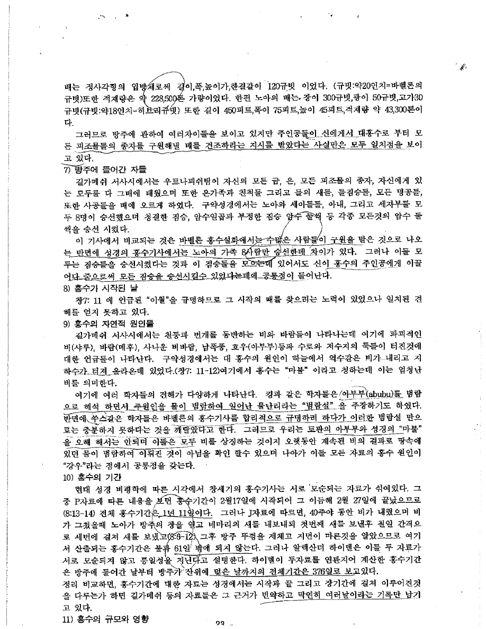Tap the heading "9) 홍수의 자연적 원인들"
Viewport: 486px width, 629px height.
(101, 322)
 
